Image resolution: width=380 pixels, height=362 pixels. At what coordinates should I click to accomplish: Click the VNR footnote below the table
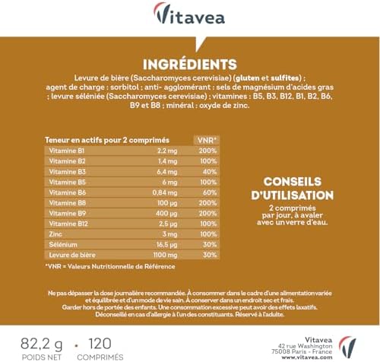111,265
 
